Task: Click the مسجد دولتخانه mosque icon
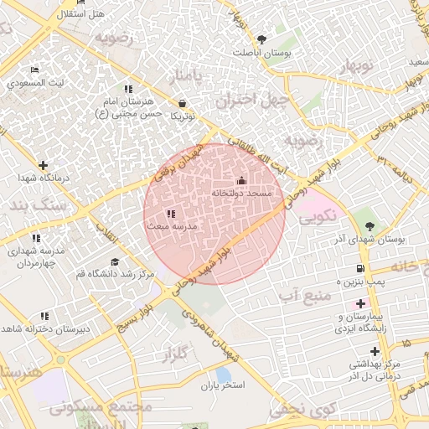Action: [x=241, y=180]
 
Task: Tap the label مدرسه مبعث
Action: [x=171, y=227]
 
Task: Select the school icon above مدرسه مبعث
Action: [x=171, y=214]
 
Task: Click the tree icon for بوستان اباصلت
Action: [x=261, y=39]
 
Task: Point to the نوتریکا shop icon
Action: [x=182, y=104]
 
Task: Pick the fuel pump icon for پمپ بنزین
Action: [x=360, y=269]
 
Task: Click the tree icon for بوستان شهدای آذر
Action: [x=370, y=225]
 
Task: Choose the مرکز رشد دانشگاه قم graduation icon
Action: [x=115, y=261]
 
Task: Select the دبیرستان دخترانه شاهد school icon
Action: [x=44, y=316]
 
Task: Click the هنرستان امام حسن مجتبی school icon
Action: [x=128, y=89]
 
